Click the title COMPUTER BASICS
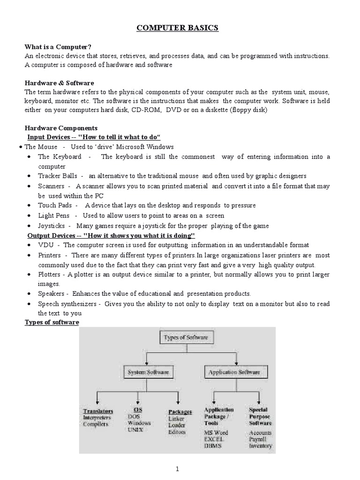(x=177, y=28)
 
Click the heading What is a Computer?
(x=58, y=47)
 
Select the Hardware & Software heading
(x=59, y=83)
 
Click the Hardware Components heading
(x=61, y=128)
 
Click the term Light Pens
(x=53, y=216)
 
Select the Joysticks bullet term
(x=52, y=226)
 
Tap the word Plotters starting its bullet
(x=50, y=274)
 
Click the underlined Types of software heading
(x=52, y=322)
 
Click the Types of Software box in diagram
(x=181, y=337)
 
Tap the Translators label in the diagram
(x=98, y=411)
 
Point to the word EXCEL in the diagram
(x=214, y=439)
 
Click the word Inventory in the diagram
(x=260, y=446)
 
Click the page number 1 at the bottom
(x=178, y=468)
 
